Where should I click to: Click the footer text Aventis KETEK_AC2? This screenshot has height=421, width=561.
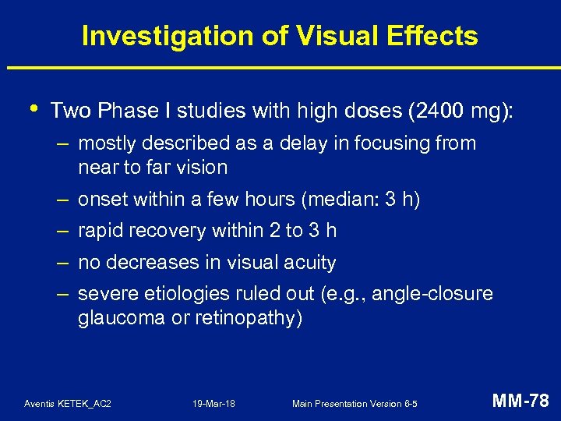[68, 404]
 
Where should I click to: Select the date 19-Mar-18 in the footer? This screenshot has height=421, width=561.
[213, 404]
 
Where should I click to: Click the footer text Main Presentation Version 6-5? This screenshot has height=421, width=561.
[354, 404]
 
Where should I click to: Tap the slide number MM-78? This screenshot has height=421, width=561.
[520, 402]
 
